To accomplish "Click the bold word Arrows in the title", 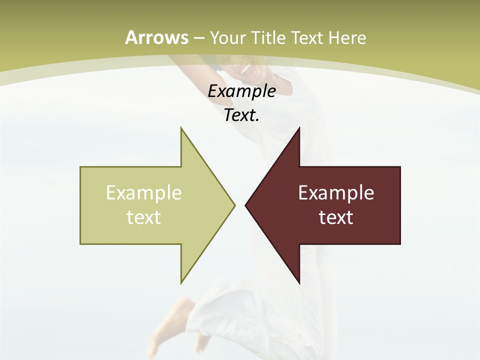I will (156, 37).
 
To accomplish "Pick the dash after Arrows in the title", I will (199, 38).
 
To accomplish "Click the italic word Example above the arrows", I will (242, 91).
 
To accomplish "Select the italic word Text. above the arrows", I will (242, 115).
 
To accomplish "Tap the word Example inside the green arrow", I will (144, 192).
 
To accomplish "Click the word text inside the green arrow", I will (144, 217).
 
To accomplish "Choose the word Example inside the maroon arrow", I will (336, 192).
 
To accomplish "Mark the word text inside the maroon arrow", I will (336, 217).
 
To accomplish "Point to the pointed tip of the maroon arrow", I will (246, 204).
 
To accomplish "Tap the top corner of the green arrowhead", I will (181, 128).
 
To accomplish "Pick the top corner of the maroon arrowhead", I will (299, 128).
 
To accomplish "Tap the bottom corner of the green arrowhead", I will (181, 282).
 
